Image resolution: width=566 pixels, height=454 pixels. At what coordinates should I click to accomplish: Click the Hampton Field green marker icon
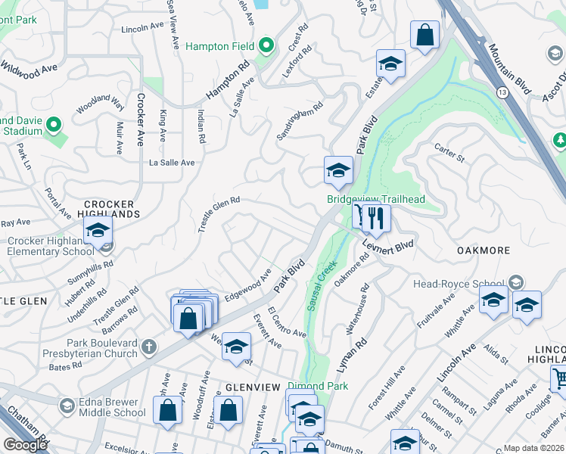[266, 46]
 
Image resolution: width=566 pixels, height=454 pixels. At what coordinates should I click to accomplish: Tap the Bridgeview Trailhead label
[376, 200]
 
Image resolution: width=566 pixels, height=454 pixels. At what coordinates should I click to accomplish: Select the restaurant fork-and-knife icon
[375, 219]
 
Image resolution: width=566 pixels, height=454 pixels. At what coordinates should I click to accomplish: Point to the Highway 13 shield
[502, 91]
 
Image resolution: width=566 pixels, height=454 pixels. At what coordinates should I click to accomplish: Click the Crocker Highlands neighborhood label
[109, 209]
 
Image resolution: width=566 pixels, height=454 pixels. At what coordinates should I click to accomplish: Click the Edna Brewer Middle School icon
[67, 406]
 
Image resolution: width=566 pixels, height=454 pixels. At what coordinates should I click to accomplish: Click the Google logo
[25, 444]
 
